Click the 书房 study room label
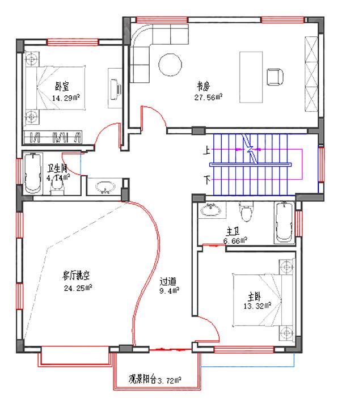tap(204, 87)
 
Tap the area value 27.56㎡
tap(208, 97)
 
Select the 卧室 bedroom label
tap(62, 87)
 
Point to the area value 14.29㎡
tap(65, 98)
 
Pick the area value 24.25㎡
tap(78, 287)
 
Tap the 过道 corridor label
tap(168, 281)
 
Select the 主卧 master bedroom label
tap(254, 297)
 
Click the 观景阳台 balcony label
tap(142, 378)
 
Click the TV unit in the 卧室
tap(115, 87)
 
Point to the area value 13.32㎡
tap(258, 307)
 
